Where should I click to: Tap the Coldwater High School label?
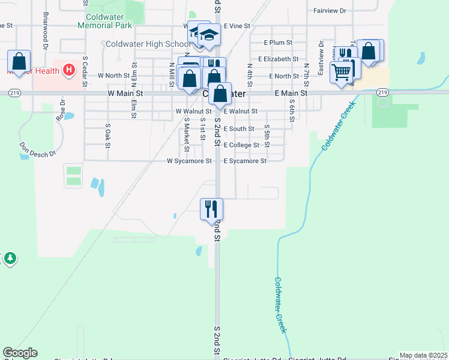[148, 44]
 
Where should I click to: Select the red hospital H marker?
[69, 70]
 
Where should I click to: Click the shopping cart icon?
[341, 72]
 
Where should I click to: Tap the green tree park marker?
[10, 259]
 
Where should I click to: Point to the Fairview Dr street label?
[330, 11]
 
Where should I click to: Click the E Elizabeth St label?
[279, 59]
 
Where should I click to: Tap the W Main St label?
[125, 94]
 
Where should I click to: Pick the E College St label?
[241, 145]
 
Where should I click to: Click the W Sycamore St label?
[189, 161]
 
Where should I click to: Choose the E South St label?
[239, 129]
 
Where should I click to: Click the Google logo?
[20, 353]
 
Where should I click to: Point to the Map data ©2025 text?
[423, 355]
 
